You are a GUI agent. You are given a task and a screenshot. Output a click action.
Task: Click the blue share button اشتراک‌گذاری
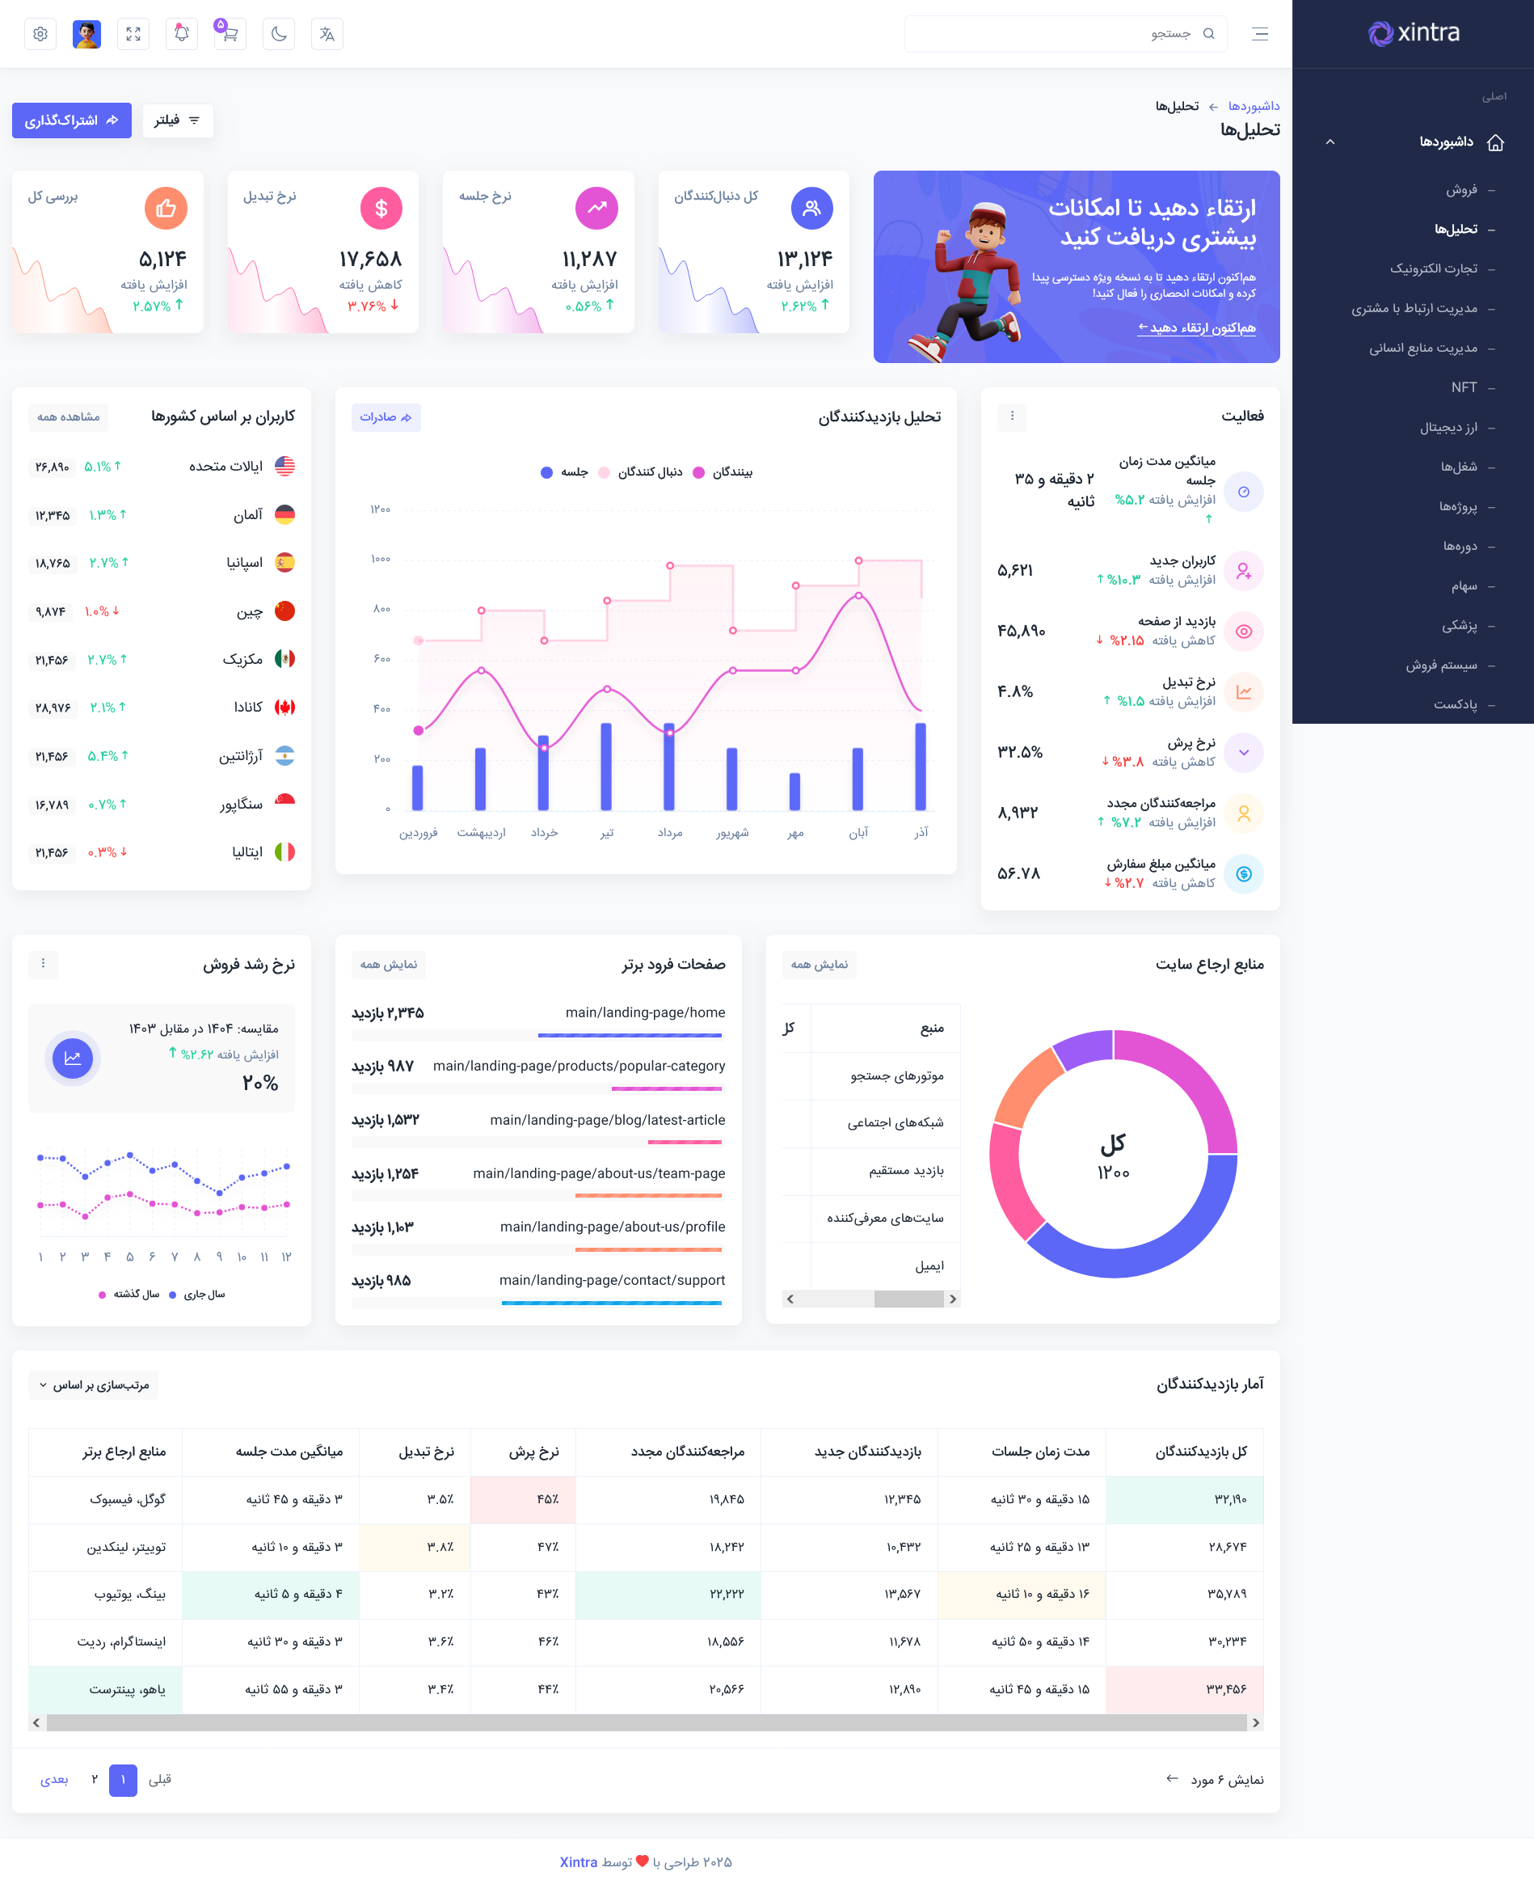(72, 120)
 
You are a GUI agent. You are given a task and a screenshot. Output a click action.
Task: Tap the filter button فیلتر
(178, 120)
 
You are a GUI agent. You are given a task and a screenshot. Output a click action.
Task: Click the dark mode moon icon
(278, 35)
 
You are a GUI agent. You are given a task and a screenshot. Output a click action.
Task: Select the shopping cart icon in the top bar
(229, 35)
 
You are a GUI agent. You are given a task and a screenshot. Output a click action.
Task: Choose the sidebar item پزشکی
(1459, 626)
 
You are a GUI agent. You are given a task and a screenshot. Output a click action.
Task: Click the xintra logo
(1413, 34)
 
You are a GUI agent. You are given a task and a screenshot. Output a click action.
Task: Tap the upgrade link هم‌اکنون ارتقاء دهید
(1196, 328)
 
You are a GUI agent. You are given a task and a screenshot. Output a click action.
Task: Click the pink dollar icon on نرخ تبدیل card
(381, 209)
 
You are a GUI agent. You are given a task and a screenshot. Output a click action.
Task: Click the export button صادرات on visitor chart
(386, 417)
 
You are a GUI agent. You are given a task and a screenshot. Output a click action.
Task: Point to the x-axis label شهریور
(732, 833)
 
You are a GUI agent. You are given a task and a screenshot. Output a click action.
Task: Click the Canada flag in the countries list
(284, 707)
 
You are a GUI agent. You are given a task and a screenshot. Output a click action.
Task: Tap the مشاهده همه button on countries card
(69, 417)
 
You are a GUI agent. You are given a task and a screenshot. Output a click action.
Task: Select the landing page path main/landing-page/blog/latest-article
(607, 1120)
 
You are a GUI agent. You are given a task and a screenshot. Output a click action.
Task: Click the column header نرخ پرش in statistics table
(533, 1452)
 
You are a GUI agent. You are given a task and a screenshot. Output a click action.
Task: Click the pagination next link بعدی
(54, 1779)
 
